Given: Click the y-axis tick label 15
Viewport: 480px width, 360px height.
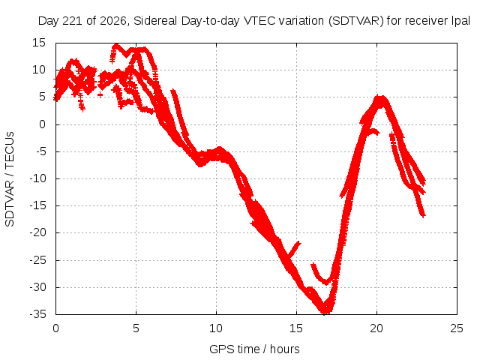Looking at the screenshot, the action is pyautogui.click(x=38, y=43).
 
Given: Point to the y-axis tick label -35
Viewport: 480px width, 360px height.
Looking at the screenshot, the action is pyautogui.click(x=37, y=314).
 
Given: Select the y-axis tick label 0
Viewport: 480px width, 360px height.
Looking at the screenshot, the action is pyautogui.click(x=42, y=124).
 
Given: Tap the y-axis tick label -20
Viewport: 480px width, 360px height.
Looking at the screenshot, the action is pyautogui.click(x=37, y=232).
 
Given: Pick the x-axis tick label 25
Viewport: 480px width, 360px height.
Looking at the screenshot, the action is pyautogui.click(x=457, y=328).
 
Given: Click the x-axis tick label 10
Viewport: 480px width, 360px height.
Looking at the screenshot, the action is pyautogui.click(x=216, y=328).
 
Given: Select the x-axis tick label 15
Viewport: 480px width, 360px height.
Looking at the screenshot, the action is pyautogui.click(x=296, y=328).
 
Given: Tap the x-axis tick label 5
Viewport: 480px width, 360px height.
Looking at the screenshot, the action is pyautogui.click(x=136, y=328).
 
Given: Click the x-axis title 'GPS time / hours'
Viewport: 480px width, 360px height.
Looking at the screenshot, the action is pyautogui.click(x=254, y=349).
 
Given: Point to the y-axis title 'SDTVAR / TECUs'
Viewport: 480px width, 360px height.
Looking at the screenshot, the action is pyautogui.click(x=10, y=179).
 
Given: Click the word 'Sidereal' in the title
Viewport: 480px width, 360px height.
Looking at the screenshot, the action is pyautogui.click(x=155, y=21).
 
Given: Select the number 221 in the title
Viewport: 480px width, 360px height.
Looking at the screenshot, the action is pyautogui.click(x=73, y=21).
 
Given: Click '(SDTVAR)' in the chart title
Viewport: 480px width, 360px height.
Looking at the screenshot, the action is pyautogui.click(x=356, y=21).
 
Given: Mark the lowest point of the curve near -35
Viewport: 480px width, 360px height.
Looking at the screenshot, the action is pyautogui.click(x=325, y=312).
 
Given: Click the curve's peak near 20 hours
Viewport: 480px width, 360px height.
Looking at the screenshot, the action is pyautogui.click(x=380, y=98).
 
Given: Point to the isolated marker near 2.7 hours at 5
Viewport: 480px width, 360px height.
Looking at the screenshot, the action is pyautogui.click(x=100, y=95).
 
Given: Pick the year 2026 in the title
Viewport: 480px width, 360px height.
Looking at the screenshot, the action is pyautogui.click(x=113, y=21).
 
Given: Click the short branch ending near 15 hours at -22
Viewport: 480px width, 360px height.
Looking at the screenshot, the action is pyautogui.click(x=293, y=250).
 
